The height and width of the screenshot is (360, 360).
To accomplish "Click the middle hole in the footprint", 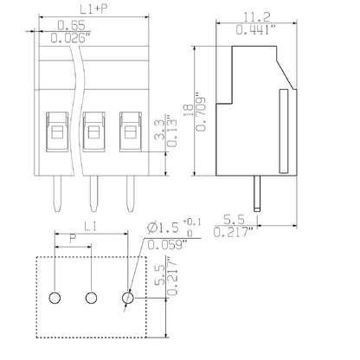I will click(x=90, y=298).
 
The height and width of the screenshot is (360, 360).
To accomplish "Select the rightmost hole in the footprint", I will click(x=128, y=298).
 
